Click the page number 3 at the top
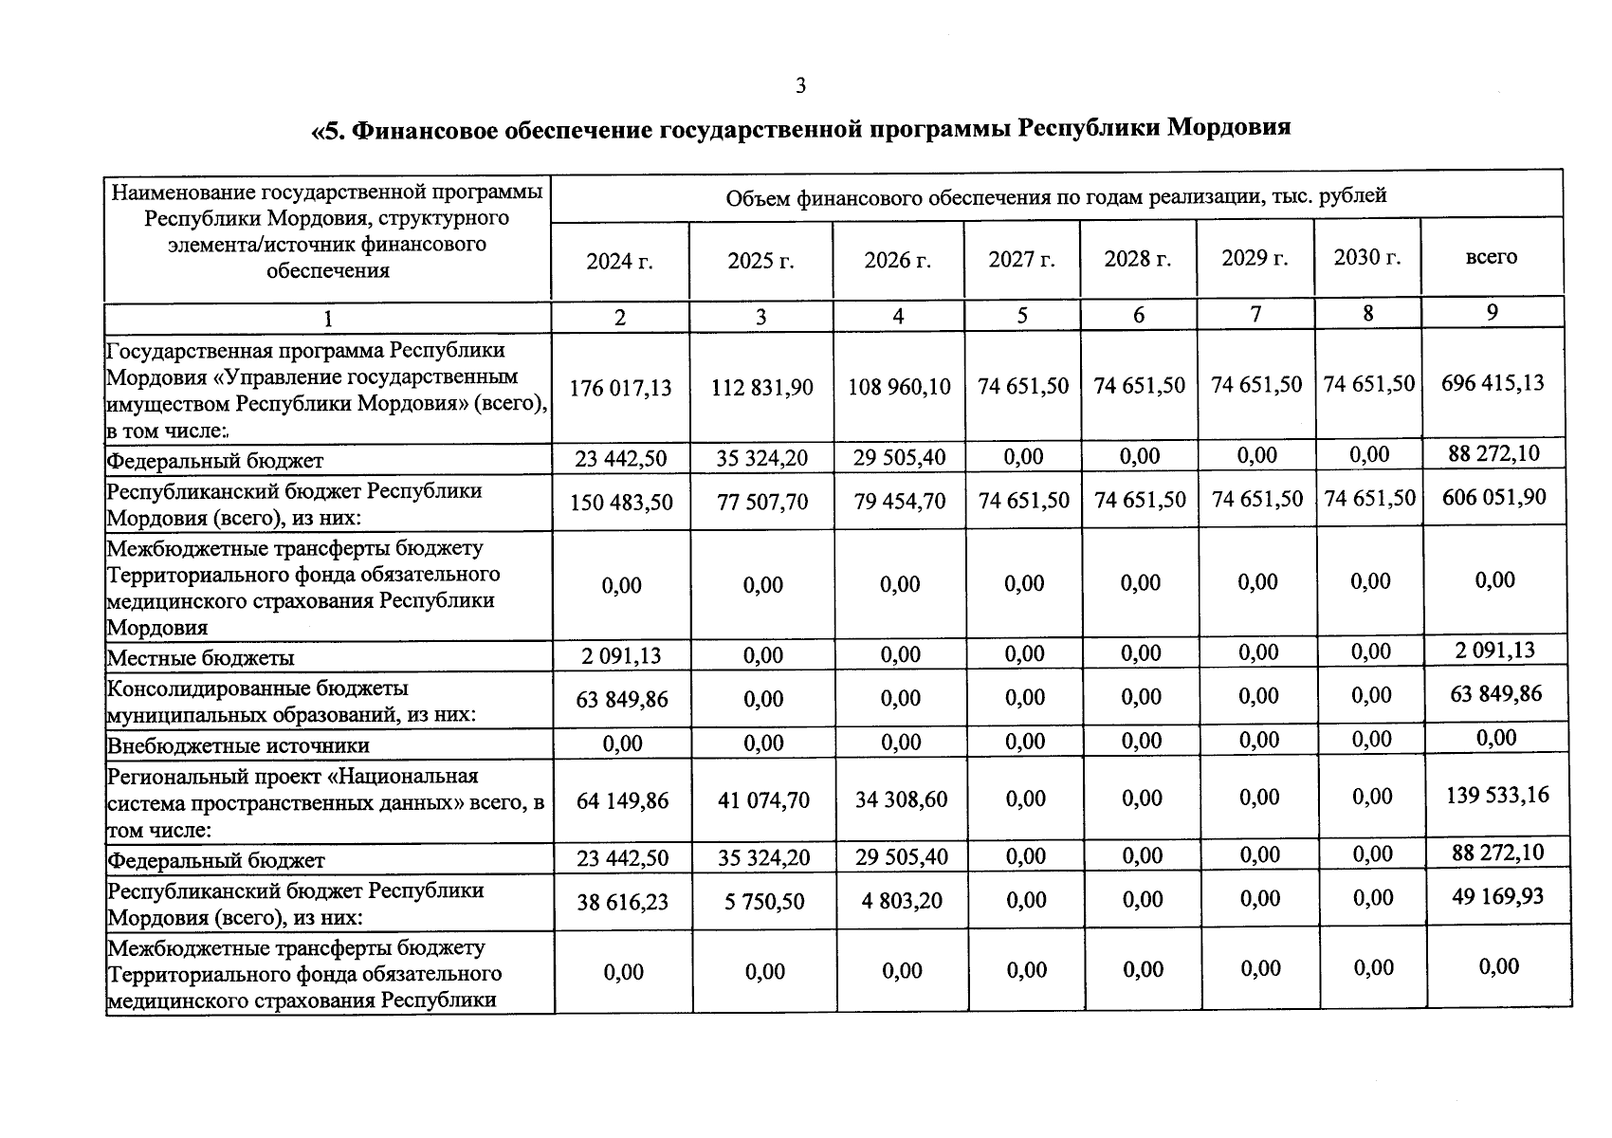800,86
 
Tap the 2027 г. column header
1021,259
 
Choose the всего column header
1491,256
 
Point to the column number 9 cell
1492,312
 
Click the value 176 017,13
620,388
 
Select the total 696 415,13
1493,383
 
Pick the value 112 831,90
761,388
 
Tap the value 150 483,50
621,502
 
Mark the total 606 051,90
1493,498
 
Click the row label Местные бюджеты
200,658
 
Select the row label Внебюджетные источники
237,745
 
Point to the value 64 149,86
622,801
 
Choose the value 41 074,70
763,800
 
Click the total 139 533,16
1497,795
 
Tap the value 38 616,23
622,902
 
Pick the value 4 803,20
901,900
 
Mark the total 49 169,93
1497,896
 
